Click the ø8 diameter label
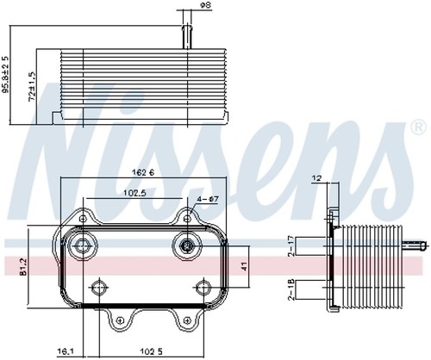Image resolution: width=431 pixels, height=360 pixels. (x=205, y=5)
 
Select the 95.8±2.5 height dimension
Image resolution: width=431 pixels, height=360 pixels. (x=5, y=74)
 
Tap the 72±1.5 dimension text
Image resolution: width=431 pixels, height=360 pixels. (x=33, y=86)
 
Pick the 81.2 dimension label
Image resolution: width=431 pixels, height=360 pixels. (x=23, y=267)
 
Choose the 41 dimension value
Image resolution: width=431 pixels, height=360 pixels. (x=244, y=267)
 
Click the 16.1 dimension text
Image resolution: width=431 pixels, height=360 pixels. (x=66, y=351)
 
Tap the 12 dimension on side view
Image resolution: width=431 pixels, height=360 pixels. (x=317, y=178)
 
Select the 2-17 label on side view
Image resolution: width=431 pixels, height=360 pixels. (x=291, y=245)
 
